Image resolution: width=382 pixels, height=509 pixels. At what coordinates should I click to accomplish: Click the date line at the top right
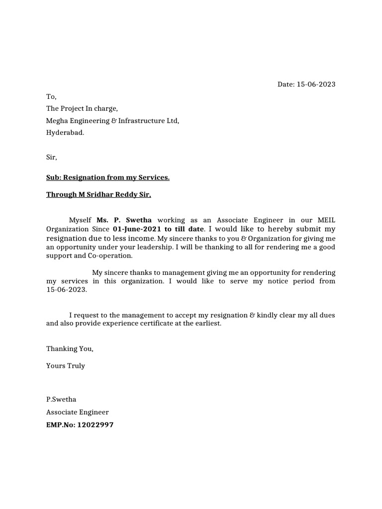point(306,84)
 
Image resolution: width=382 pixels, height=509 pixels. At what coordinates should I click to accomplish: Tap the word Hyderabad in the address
point(65,133)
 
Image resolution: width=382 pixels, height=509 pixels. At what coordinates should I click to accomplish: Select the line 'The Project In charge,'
point(82,108)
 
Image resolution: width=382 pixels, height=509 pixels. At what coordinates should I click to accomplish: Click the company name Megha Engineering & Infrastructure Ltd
point(112,121)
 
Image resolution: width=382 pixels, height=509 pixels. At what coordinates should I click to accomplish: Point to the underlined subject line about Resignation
point(108,177)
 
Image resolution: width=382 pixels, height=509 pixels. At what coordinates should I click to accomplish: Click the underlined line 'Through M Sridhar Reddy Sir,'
point(98,194)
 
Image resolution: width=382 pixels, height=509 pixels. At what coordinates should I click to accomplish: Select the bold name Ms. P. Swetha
point(124,220)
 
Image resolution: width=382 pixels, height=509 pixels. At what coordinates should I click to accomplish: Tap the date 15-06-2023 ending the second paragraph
point(66,290)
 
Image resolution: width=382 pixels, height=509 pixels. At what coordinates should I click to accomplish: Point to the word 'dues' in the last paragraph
point(327,315)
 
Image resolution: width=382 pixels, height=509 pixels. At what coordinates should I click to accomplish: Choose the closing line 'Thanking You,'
point(70,348)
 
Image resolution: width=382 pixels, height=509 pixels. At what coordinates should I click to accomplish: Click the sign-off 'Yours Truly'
point(66,365)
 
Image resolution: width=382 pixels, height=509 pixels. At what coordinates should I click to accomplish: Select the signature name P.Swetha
point(61,399)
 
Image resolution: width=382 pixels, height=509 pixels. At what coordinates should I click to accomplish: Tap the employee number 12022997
point(95,425)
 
